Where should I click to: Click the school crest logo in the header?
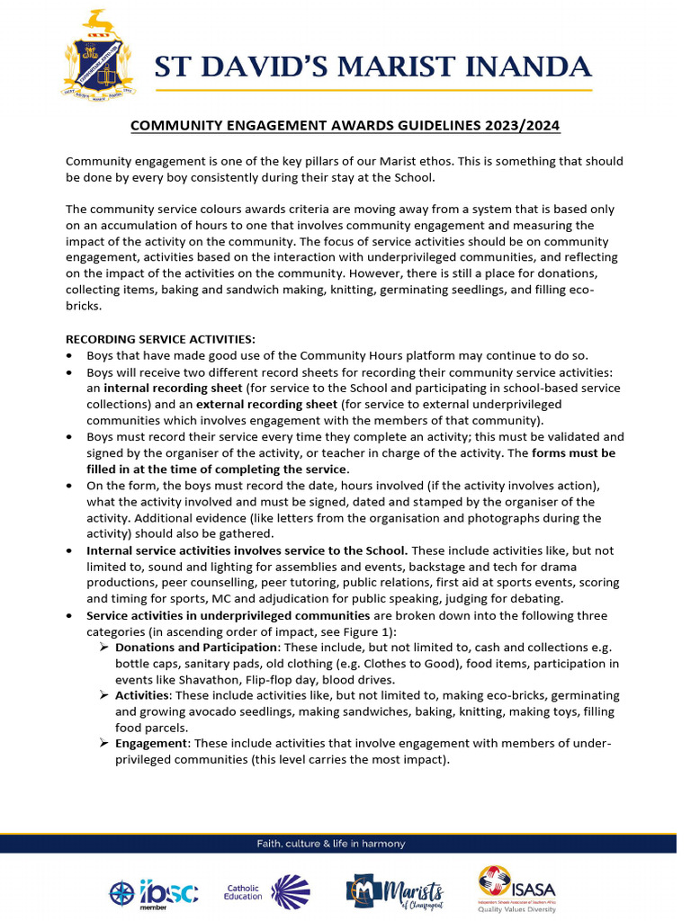click(101, 57)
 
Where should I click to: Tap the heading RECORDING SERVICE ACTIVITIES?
click(160, 339)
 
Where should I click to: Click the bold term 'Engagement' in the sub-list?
click(152, 743)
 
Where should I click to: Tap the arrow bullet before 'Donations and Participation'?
click(104, 648)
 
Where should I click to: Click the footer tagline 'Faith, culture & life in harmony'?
click(331, 844)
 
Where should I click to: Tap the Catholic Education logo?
click(267, 890)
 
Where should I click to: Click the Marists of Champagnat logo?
click(394, 891)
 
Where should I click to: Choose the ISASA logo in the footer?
click(516, 888)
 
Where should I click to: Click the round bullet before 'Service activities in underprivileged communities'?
click(71, 616)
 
